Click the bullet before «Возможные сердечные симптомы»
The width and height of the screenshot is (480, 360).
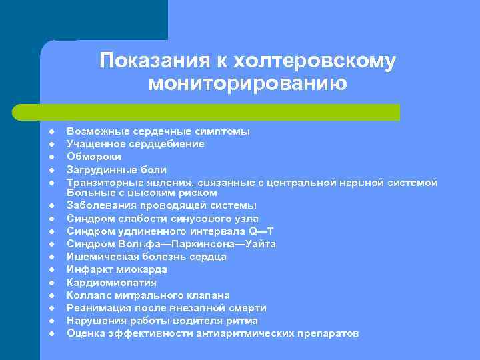point(51,131)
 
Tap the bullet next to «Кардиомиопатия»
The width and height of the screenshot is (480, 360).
point(51,282)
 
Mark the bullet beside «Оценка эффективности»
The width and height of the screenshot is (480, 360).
point(51,333)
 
